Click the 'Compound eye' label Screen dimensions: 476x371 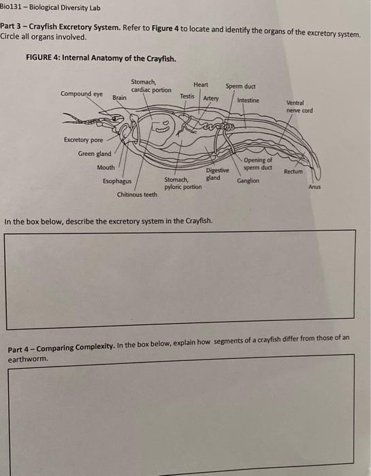pyautogui.click(x=81, y=94)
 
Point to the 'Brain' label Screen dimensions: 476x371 pyautogui.click(x=119, y=98)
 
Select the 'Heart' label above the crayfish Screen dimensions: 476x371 pyautogui.click(x=201, y=84)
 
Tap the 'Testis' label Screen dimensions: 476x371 pyautogui.click(x=187, y=97)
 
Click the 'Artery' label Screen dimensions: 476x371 pyautogui.click(x=211, y=98)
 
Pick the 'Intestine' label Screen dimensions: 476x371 pyautogui.click(x=248, y=101)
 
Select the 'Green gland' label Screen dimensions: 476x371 pyautogui.click(x=95, y=154)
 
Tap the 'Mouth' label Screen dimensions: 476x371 pyautogui.click(x=106, y=167)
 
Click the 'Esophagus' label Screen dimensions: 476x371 pyautogui.click(x=116, y=181)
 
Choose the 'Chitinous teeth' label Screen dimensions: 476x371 pyautogui.click(x=137, y=194)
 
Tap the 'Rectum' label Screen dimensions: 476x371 pyautogui.click(x=293, y=172)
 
